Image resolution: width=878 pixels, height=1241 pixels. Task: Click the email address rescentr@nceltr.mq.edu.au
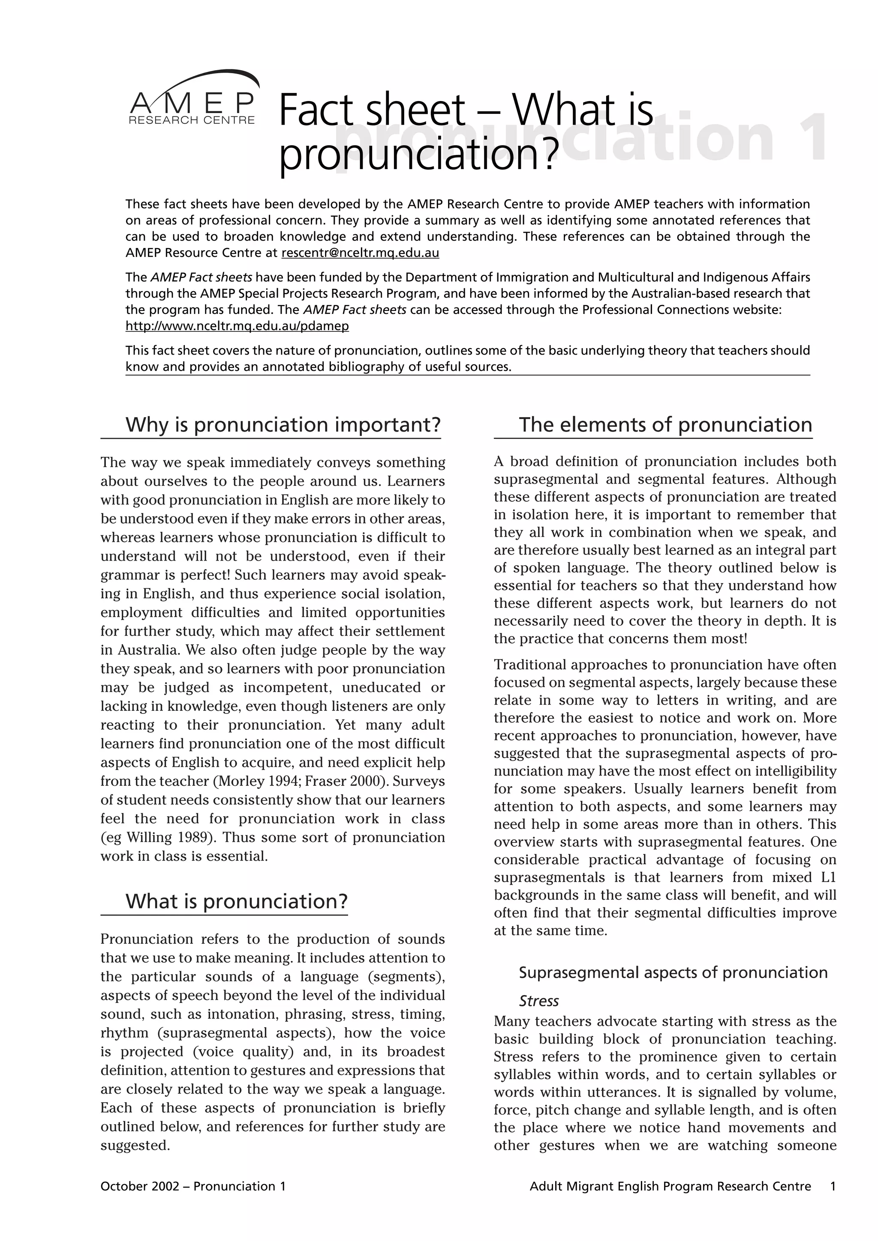coord(360,253)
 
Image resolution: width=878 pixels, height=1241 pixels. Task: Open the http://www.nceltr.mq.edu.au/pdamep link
coord(237,326)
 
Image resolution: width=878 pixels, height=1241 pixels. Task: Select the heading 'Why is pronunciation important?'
coord(283,425)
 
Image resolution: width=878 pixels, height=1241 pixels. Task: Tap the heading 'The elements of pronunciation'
coord(665,425)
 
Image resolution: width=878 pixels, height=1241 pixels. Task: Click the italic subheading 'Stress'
coord(538,1001)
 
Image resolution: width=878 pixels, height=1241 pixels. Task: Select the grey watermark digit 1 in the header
coord(812,138)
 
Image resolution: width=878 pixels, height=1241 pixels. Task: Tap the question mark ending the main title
coord(548,154)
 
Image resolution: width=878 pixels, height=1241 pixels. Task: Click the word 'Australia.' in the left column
coord(142,650)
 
